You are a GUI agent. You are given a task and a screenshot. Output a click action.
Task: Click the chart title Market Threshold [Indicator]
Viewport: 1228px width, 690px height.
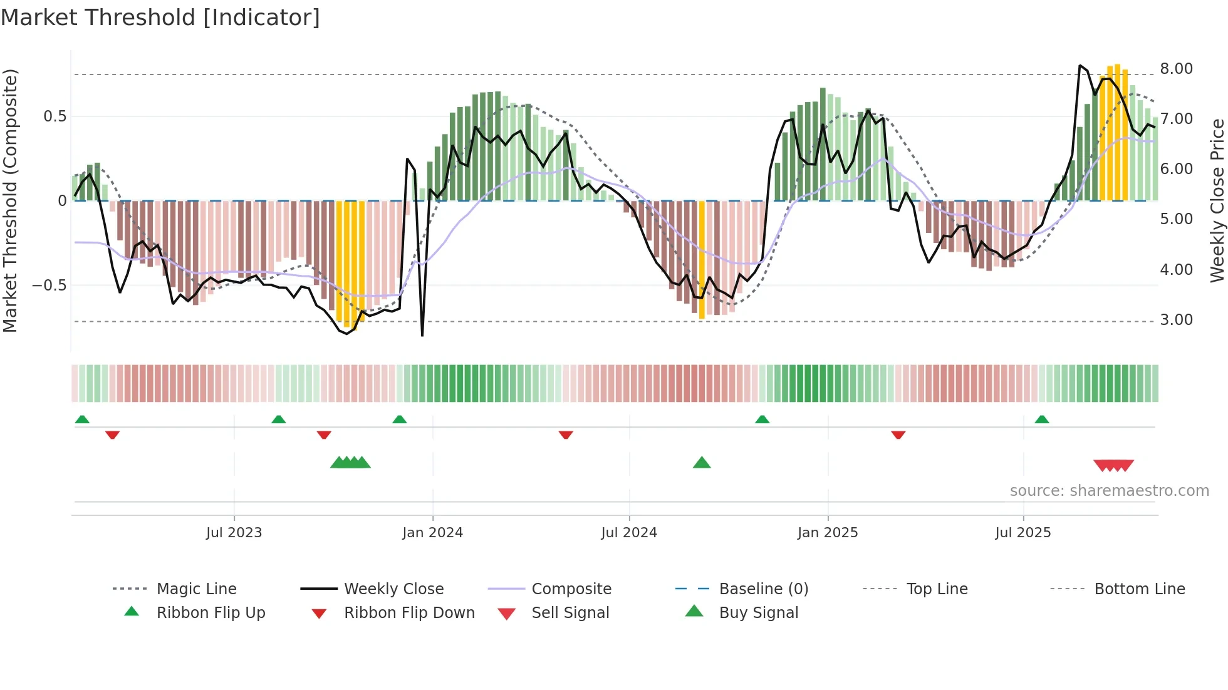[x=160, y=18]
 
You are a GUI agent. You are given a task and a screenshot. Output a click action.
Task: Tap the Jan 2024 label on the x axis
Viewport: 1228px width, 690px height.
[x=432, y=533]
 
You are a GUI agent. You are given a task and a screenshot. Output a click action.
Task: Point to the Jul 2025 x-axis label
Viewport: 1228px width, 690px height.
[x=1022, y=533]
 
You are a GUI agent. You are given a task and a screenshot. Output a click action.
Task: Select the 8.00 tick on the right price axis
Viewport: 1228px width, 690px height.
[x=1176, y=69]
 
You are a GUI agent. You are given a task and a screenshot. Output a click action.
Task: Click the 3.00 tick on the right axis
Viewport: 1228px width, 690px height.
[x=1176, y=320]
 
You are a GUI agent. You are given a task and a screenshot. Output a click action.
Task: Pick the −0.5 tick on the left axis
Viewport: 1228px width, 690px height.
[x=49, y=286]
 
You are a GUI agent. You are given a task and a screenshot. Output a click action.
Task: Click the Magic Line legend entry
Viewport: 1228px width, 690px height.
[x=196, y=589]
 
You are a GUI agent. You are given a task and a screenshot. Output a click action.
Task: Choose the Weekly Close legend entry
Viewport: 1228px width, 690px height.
[x=393, y=589]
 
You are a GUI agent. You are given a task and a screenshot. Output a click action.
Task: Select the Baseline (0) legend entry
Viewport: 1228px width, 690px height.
[x=763, y=589]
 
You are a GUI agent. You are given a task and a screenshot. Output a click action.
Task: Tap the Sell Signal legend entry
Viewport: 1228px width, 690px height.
[x=570, y=613]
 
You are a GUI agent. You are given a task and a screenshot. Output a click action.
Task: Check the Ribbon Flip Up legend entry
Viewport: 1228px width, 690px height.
[x=211, y=613]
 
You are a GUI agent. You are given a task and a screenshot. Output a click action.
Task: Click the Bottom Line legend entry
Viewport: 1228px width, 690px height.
[x=1139, y=589]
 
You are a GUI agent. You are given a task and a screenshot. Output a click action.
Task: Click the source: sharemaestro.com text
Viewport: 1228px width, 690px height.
[x=1109, y=491]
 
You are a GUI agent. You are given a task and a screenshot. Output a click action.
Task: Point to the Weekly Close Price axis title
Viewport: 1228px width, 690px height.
[x=1217, y=200]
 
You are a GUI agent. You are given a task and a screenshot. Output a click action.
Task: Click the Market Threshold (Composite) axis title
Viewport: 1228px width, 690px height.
[x=10, y=200]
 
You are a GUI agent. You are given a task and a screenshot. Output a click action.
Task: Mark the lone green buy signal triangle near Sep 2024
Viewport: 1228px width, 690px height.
[x=702, y=463]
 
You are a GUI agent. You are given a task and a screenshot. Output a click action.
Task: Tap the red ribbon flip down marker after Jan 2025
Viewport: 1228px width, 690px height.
[x=898, y=435]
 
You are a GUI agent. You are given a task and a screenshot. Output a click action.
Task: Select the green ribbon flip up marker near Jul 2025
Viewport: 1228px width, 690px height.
[x=1041, y=420]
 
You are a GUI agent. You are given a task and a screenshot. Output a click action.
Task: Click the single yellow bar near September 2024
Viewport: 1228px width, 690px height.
[x=702, y=260]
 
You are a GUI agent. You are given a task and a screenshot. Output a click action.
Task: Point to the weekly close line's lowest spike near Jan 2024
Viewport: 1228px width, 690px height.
[x=422, y=335]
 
